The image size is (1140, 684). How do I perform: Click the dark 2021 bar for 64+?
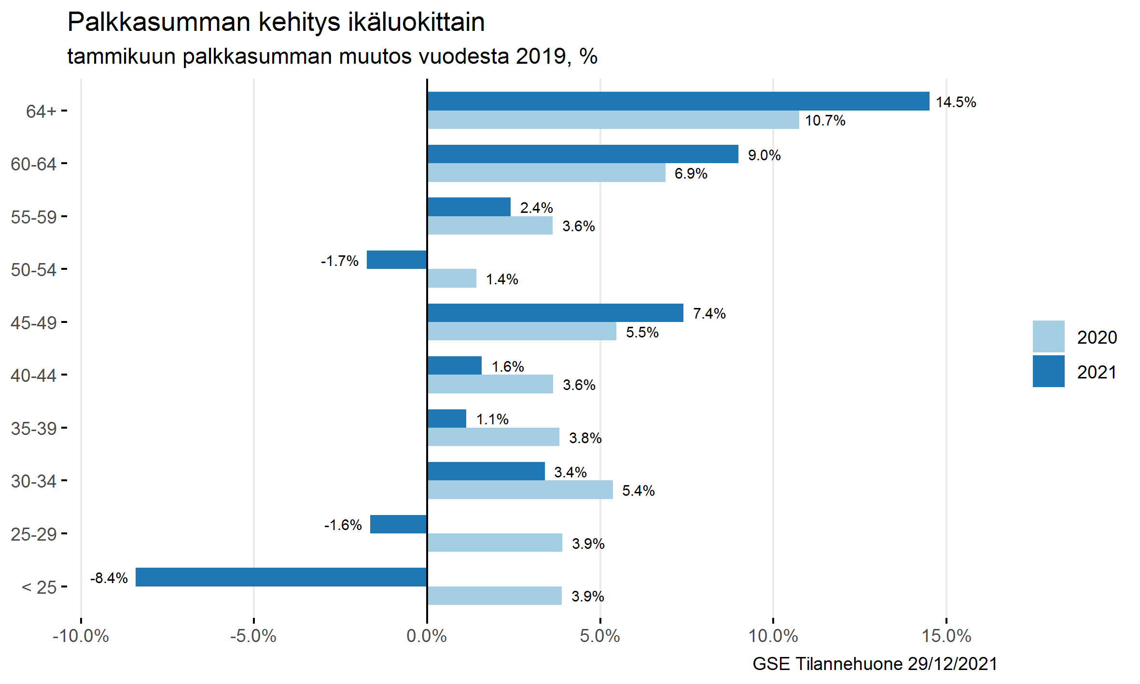pyautogui.click(x=678, y=101)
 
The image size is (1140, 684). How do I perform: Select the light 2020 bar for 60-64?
pyautogui.click(x=546, y=173)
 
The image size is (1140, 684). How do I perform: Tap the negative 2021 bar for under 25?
pyautogui.click(x=281, y=577)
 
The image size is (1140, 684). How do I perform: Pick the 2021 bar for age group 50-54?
pyautogui.click(x=397, y=260)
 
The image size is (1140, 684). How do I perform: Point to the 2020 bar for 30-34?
pyautogui.click(x=520, y=489)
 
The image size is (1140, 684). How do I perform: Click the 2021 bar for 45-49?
pyautogui.click(x=555, y=313)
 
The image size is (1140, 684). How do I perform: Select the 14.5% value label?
pyautogui.click(x=956, y=102)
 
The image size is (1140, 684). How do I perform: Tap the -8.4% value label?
pyautogui.click(x=109, y=578)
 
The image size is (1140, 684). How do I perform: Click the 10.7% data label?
pyautogui.click(x=825, y=121)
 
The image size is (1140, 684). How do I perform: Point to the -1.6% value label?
pyautogui.click(x=343, y=525)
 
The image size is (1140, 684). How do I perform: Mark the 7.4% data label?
pyautogui.click(x=709, y=314)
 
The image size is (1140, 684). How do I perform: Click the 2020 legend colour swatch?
pyautogui.click(x=1048, y=336)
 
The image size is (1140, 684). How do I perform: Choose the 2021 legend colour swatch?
pyautogui.click(x=1048, y=371)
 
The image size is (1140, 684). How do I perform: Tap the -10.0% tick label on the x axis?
pyautogui.click(x=81, y=636)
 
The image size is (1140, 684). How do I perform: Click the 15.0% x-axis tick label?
pyautogui.click(x=946, y=636)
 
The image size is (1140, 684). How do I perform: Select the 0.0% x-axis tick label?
pyautogui.click(x=427, y=636)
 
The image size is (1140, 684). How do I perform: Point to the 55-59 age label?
pyautogui.click(x=34, y=217)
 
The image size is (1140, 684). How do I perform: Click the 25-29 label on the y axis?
pyautogui.click(x=34, y=534)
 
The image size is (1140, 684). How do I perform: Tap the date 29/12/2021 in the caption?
pyautogui.click(x=952, y=664)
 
